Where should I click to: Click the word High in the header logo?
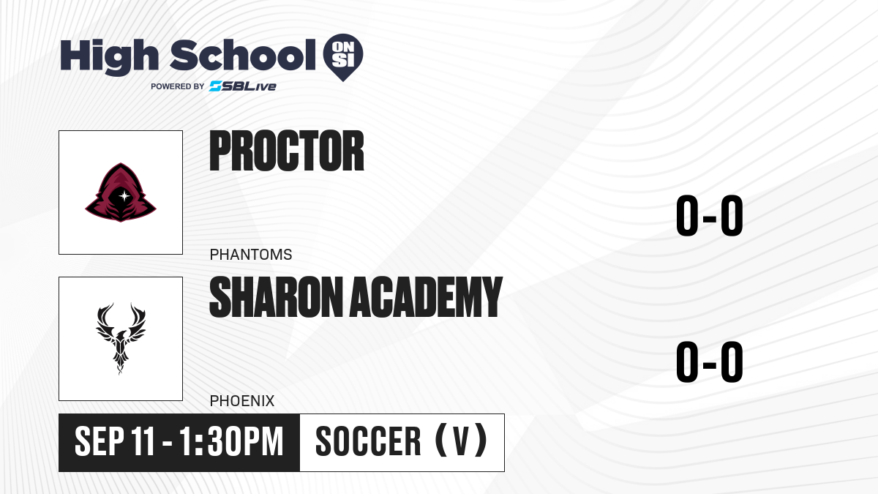(x=109, y=56)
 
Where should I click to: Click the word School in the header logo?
(x=243, y=55)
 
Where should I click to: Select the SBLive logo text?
(x=243, y=86)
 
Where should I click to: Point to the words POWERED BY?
(x=178, y=86)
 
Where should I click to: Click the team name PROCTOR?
(x=287, y=151)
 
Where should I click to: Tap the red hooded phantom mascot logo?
(x=121, y=192)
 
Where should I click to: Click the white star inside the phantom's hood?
(x=124, y=195)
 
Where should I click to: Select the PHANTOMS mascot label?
(x=251, y=255)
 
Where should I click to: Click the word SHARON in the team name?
(x=277, y=297)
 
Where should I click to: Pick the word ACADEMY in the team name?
(x=426, y=297)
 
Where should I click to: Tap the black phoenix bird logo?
(x=121, y=339)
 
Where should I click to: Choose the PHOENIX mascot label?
(x=242, y=401)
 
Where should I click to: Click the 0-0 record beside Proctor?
(x=710, y=216)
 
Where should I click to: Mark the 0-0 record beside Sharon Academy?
(x=710, y=362)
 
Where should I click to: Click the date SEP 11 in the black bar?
(x=115, y=442)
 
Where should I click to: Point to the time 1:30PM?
(x=231, y=442)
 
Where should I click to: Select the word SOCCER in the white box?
(x=368, y=442)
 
